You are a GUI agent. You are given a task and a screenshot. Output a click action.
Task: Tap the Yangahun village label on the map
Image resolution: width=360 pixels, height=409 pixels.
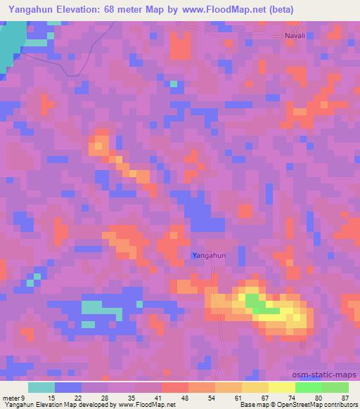[x=210, y=256]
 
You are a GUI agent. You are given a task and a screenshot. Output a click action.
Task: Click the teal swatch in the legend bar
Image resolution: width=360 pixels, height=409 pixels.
[x=41, y=387]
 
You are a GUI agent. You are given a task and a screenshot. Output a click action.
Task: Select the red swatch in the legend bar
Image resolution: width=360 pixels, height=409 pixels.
[x=175, y=387]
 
